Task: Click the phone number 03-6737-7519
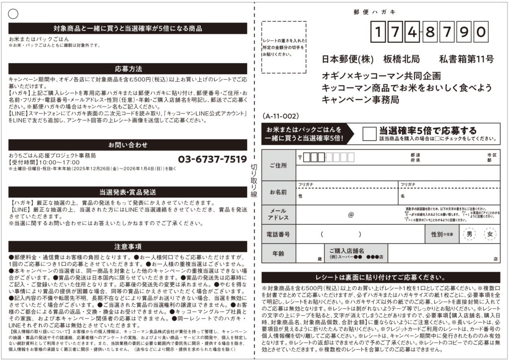coord(212,159)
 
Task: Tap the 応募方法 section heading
coord(128,69)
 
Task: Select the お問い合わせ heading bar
coord(128,145)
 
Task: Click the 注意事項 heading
coord(128,246)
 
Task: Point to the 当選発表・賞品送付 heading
coord(128,192)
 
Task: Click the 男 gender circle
coord(469,234)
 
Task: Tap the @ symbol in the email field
coord(350,215)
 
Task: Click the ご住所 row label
coord(278,165)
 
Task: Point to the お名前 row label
coord(278,191)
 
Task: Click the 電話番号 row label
coord(279,234)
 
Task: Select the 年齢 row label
coord(278,253)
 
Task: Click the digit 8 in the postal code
coord(430,33)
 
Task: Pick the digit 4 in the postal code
coord(411,33)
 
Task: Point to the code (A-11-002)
coord(280,116)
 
